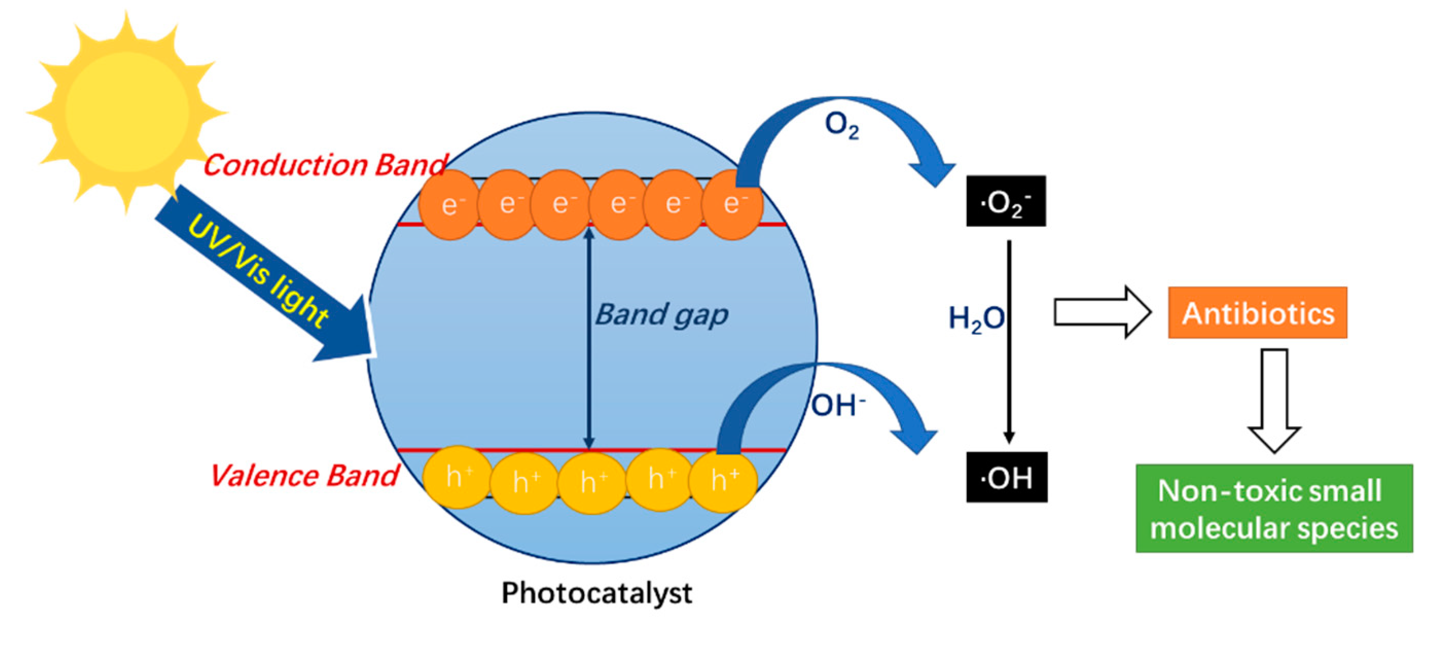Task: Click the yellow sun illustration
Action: pyautogui.click(x=126, y=111)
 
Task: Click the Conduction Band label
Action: pyautogui.click(x=324, y=165)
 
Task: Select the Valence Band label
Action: pyautogui.click(x=304, y=476)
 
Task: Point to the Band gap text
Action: pyautogui.click(x=661, y=315)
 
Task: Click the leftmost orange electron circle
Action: pyautogui.click(x=449, y=205)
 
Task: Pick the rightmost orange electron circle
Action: pyautogui.click(x=732, y=205)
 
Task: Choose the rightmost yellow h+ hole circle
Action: pyautogui.click(x=723, y=480)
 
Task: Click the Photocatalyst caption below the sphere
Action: pyautogui.click(x=596, y=593)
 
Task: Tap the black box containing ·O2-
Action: pyautogui.click(x=1006, y=202)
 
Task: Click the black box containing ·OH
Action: pyautogui.click(x=1006, y=478)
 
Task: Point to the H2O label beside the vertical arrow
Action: pyautogui.click(x=976, y=319)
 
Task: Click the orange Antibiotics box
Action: pyautogui.click(x=1257, y=313)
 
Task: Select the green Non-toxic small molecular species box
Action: pyautogui.click(x=1274, y=509)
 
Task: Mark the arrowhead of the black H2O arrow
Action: pyautogui.click(x=1009, y=437)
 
